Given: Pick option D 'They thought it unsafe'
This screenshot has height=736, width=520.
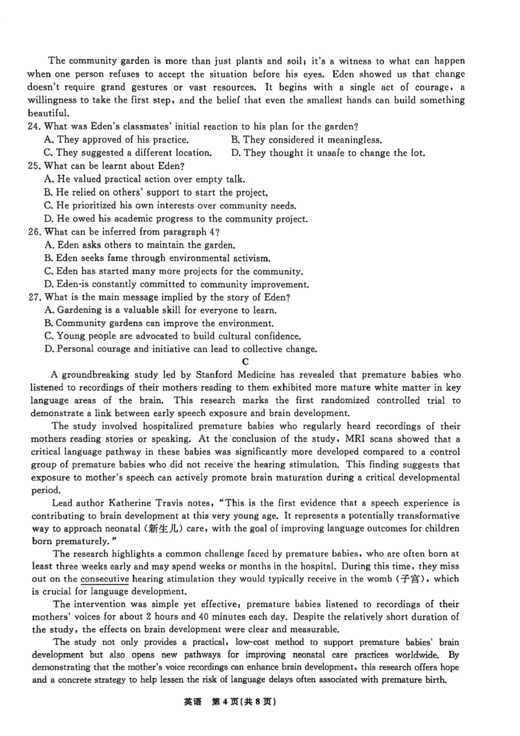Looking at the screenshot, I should (x=328, y=153).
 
